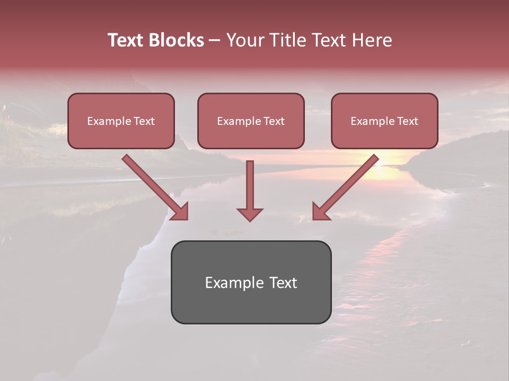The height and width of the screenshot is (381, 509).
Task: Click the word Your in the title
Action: coord(246,40)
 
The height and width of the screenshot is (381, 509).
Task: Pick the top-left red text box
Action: coord(121,121)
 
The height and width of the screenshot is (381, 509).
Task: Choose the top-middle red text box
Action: coord(251,121)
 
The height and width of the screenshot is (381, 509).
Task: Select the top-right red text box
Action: coord(384,121)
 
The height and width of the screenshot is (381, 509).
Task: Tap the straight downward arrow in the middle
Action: coord(250,185)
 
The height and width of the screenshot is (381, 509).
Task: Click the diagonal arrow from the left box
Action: coord(151,183)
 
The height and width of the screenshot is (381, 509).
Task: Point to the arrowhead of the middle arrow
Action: coord(250,214)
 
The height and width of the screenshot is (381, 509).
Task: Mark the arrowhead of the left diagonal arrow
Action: coord(180,211)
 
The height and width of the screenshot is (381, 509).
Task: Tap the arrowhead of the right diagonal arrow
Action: coord(320,211)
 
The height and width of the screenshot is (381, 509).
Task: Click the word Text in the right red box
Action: coord(407,121)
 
